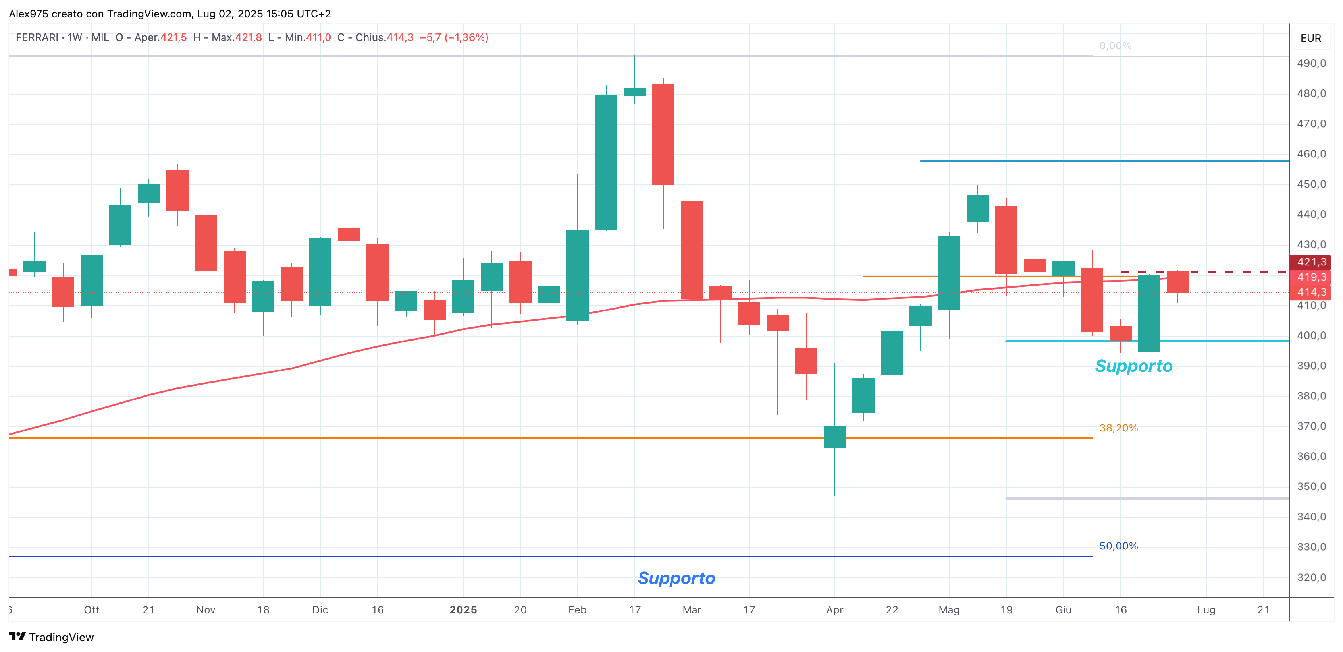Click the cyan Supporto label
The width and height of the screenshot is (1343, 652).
point(1133,366)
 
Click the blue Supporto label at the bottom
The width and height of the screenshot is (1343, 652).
point(676,578)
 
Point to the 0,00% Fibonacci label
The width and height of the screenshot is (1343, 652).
point(1115,46)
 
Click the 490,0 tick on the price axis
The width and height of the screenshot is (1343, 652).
point(1311,63)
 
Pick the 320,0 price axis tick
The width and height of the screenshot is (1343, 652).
point(1311,577)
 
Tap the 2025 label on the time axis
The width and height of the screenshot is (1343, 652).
point(463,610)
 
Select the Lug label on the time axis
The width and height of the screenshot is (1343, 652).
point(1206,610)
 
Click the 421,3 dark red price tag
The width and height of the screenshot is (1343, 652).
point(1311,262)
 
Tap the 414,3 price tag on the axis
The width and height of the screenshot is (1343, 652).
point(1311,292)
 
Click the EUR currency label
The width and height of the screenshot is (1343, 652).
point(1311,38)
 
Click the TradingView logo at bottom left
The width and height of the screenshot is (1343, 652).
point(51,637)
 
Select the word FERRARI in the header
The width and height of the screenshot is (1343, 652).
point(37,38)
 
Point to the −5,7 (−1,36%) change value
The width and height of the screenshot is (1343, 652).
point(454,38)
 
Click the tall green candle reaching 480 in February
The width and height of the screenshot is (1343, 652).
point(606,162)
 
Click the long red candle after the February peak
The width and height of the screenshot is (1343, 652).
point(663,135)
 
